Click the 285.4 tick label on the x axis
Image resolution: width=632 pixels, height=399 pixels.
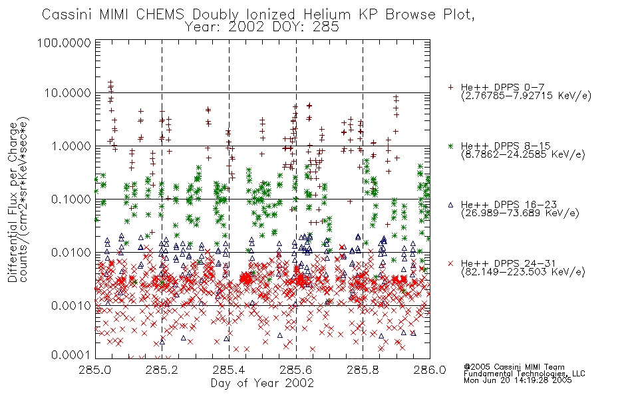229,370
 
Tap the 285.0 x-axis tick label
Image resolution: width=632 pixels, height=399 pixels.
95,370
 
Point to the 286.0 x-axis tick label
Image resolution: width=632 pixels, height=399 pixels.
430,370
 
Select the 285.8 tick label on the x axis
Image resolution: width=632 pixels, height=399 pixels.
363,370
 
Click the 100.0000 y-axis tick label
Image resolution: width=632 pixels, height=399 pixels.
64,43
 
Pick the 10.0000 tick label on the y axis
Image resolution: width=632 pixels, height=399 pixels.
68,93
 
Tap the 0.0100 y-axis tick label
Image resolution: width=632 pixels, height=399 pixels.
71,253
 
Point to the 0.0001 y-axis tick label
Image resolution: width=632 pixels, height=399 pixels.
71,355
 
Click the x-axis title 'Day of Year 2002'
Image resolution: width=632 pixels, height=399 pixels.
262,383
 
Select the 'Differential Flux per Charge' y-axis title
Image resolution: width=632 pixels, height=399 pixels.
13,203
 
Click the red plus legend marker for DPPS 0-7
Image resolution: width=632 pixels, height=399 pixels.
450,87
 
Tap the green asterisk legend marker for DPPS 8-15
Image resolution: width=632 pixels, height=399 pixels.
450,146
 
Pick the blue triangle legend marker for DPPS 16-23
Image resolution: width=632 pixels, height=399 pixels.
450,205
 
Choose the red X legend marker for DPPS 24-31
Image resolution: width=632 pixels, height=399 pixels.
450,263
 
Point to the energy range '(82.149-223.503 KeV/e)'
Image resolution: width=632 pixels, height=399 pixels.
523,272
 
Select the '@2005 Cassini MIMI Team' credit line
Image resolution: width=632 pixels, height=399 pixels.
514,367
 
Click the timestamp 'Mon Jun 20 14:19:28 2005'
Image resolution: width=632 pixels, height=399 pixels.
518,380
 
